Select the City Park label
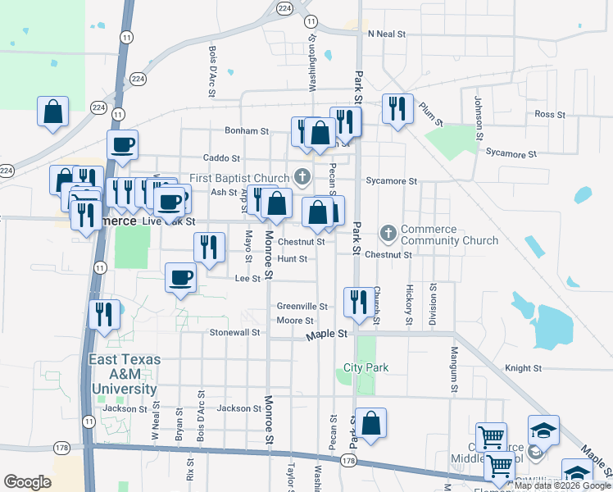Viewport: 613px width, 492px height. (x=366, y=368)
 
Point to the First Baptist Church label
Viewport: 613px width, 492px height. (x=239, y=178)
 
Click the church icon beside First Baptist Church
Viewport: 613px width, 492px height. (x=302, y=177)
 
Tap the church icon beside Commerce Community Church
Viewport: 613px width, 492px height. (x=388, y=235)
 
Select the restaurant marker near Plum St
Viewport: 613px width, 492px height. (x=397, y=109)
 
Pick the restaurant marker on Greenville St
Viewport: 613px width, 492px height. (x=356, y=302)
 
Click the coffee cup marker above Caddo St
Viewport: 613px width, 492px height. (x=123, y=144)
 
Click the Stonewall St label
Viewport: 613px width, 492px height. (x=234, y=333)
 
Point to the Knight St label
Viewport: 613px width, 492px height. (x=520, y=369)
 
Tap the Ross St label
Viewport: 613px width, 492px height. (x=544, y=115)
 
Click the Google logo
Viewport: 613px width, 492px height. (x=28, y=482)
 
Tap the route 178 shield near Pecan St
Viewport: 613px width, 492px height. (x=348, y=462)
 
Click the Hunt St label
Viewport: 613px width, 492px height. (x=292, y=259)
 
